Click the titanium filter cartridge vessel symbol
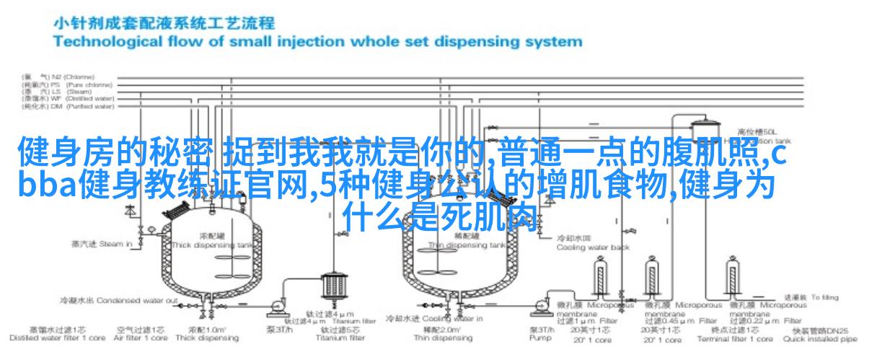click(x=332, y=286)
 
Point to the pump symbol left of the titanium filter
click(x=274, y=309)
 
